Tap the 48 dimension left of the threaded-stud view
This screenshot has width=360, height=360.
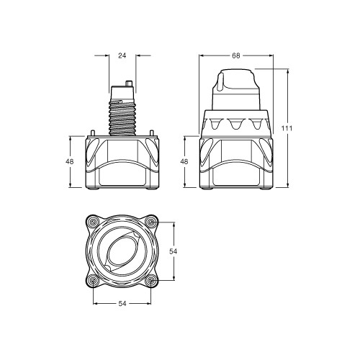click(x=69, y=162)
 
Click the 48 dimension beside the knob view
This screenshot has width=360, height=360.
click(x=184, y=162)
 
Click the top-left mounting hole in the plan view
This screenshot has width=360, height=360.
click(x=92, y=221)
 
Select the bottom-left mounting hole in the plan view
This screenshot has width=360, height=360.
click(x=92, y=279)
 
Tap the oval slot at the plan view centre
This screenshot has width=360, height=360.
click(x=122, y=251)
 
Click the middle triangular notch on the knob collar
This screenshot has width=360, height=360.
click(x=237, y=125)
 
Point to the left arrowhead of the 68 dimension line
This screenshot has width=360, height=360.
click(x=202, y=55)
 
